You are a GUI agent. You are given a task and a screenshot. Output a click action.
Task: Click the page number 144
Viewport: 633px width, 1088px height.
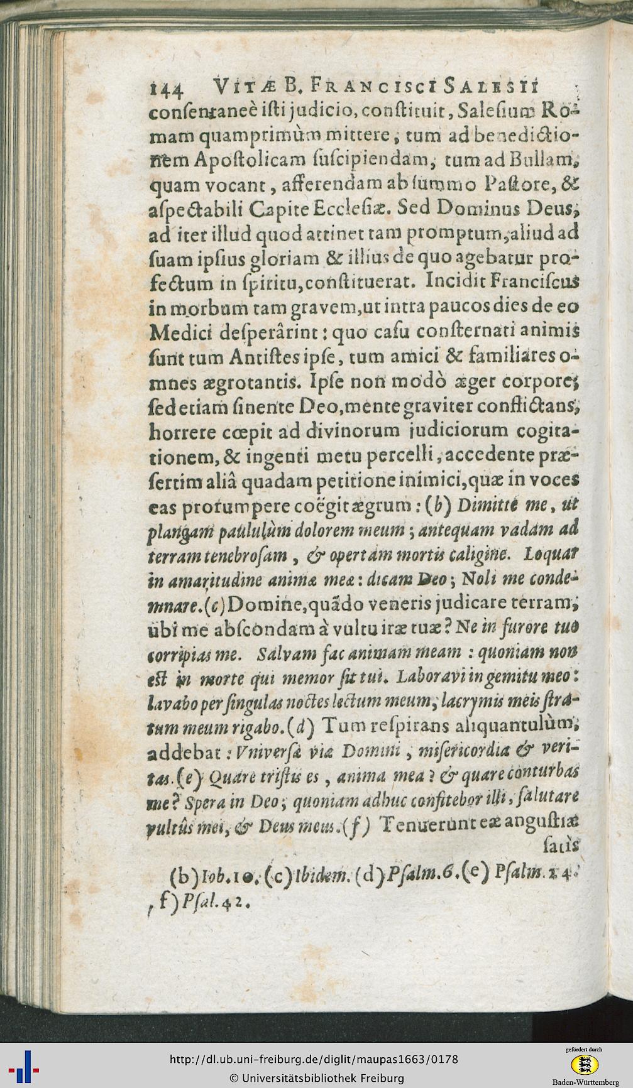(x=165, y=89)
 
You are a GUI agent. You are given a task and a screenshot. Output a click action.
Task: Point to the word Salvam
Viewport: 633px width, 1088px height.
(x=287, y=654)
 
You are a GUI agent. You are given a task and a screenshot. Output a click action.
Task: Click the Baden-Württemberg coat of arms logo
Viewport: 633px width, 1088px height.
(x=584, y=1063)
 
